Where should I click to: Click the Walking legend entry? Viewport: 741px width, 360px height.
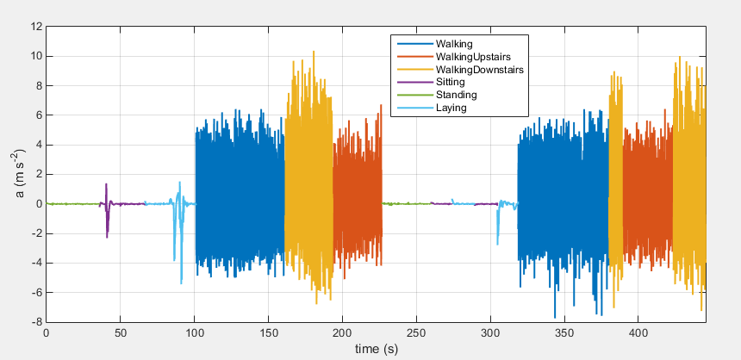[x=454, y=42]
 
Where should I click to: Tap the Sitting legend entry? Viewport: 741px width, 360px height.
[x=450, y=81]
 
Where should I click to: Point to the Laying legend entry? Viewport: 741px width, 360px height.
[x=451, y=108]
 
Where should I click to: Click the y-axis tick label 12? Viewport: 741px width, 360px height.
[x=36, y=27]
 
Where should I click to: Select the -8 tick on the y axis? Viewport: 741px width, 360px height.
[x=36, y=321]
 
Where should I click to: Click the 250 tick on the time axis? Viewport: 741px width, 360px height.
[x=416, y=332]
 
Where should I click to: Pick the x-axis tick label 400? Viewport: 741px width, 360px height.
[x=638, y=332]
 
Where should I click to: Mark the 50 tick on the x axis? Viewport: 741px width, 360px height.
[x=120, y=332]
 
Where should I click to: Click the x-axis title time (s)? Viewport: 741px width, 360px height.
[x=376, y=348]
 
